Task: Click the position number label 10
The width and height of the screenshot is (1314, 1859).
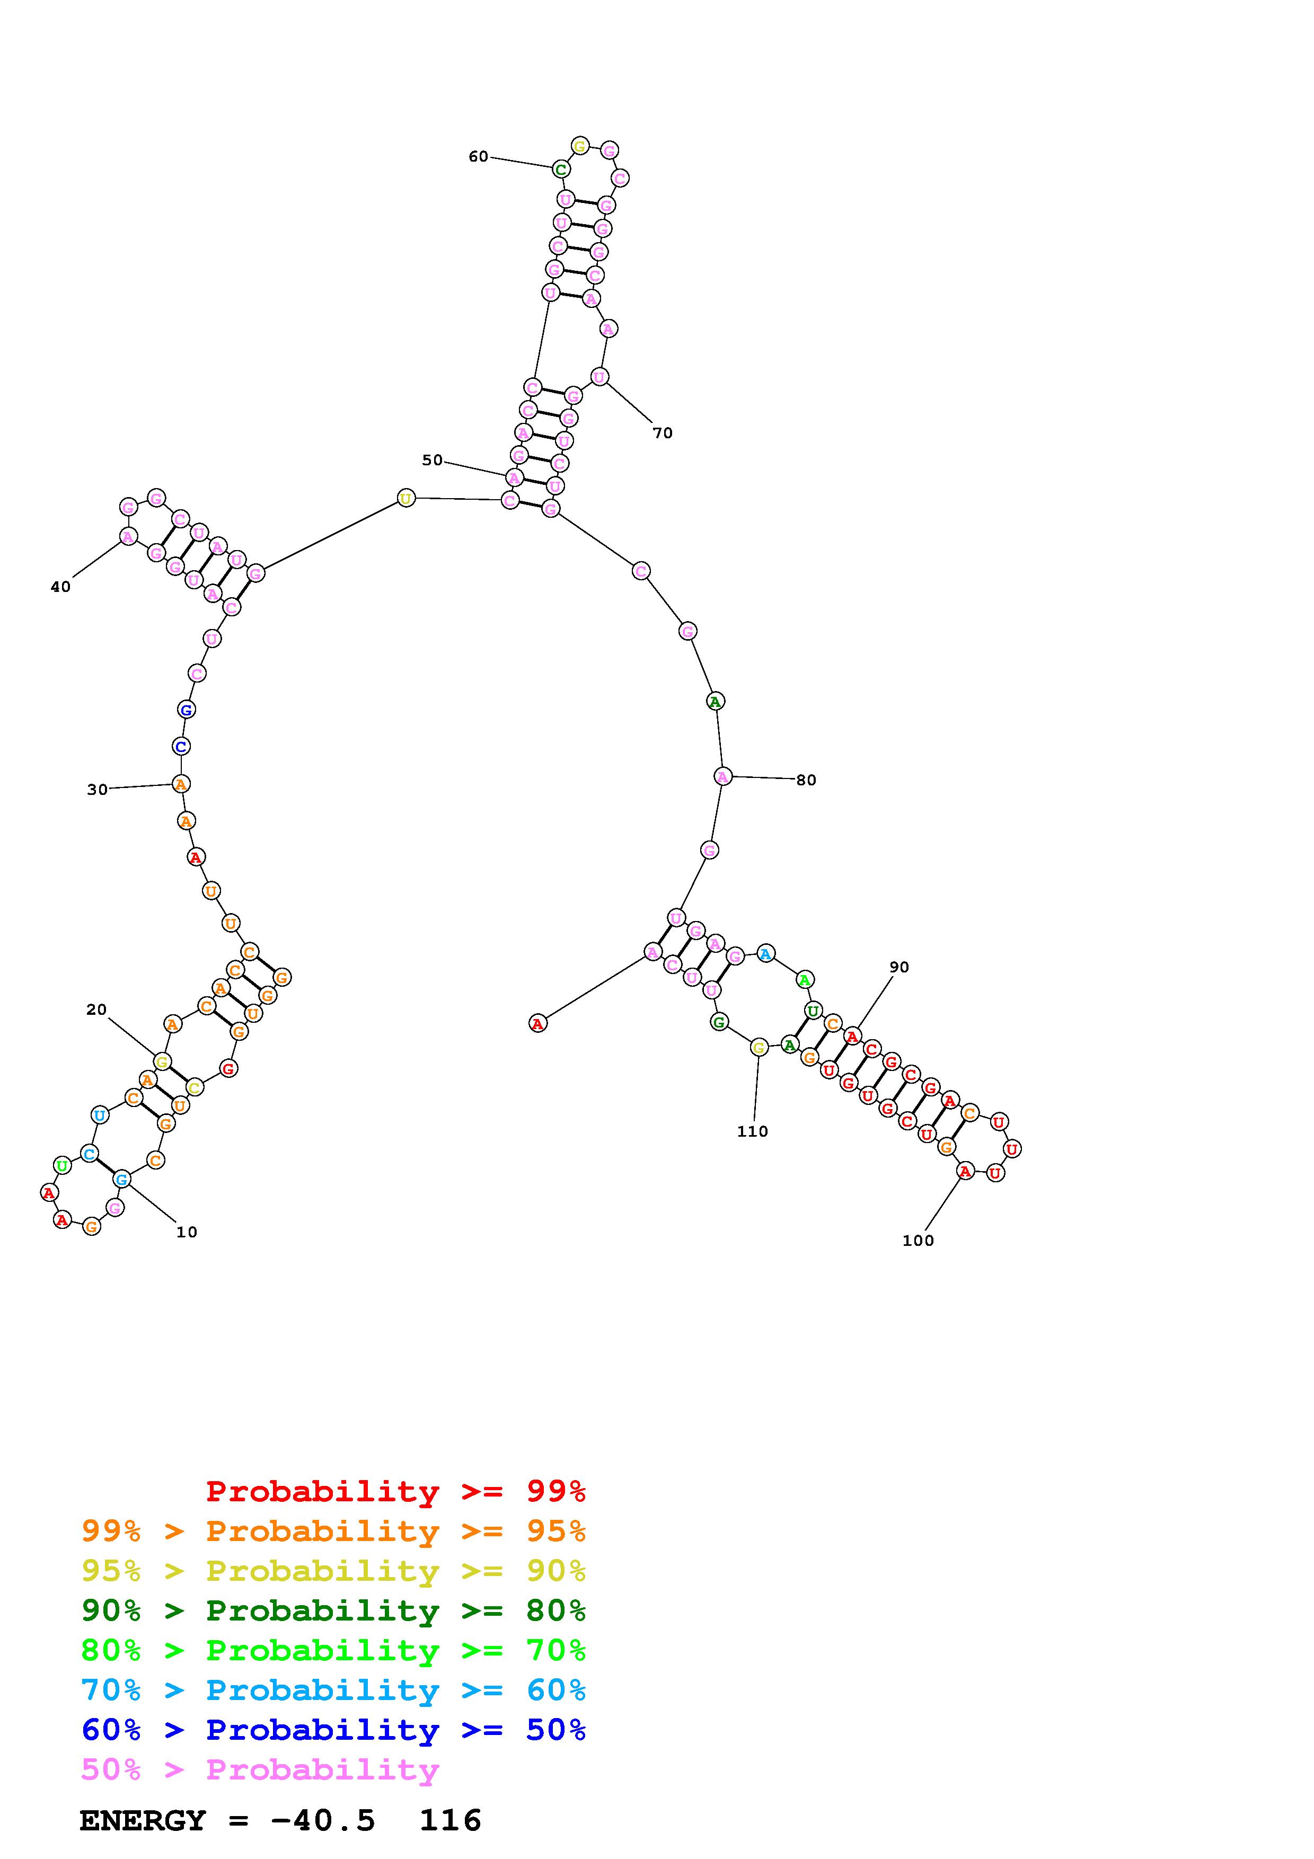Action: click(187, 1232)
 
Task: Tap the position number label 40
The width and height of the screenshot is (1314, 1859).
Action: click(61, 587)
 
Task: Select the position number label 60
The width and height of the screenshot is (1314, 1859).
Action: click(479, 156)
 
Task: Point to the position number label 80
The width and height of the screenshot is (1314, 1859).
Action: click(806, 780)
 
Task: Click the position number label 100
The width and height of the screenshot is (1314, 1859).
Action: click(918, 1241)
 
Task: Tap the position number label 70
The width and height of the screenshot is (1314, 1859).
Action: click(663, 433)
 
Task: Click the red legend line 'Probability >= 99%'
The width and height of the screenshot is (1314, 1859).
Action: click(396, 1491)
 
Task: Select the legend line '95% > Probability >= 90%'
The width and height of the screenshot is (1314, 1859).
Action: click(333, 1571)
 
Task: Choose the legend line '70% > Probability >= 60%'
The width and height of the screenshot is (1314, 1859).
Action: click(333, 1690)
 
